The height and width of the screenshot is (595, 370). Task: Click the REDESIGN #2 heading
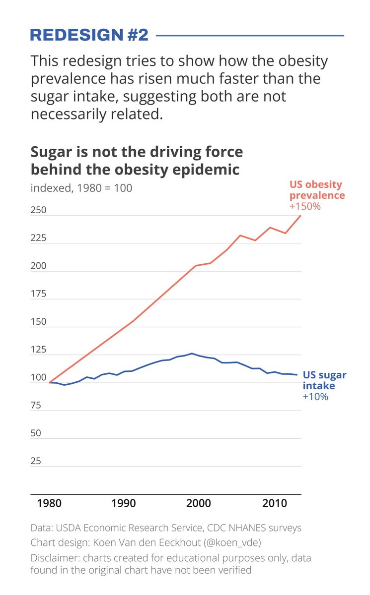[89, 35]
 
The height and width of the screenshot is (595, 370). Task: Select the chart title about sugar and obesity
[137, 160]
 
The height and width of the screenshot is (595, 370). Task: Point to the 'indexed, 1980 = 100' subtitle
[81, 188]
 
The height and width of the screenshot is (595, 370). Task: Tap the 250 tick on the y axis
[38, 210]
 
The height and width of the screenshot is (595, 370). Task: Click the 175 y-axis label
[38, 294]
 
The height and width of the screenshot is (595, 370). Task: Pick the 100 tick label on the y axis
[38, 378]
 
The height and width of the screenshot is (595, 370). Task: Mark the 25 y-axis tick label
[36, 461]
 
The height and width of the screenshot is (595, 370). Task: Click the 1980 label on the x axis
[49, 503]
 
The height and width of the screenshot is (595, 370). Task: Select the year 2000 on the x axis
[199, 503]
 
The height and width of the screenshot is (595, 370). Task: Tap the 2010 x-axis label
[275, 503]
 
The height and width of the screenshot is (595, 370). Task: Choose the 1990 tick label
[124, 503]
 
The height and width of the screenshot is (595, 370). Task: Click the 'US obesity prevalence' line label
[316, 190]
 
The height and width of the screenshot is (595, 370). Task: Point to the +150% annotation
[305, 206]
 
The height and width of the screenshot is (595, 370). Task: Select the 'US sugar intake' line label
[324, 380]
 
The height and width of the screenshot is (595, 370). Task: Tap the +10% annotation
[315, 397]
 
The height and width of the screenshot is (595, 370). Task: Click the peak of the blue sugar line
[192, 354]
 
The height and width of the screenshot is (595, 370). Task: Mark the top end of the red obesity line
[300, 215]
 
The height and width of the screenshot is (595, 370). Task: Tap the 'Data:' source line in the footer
[166, 528]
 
